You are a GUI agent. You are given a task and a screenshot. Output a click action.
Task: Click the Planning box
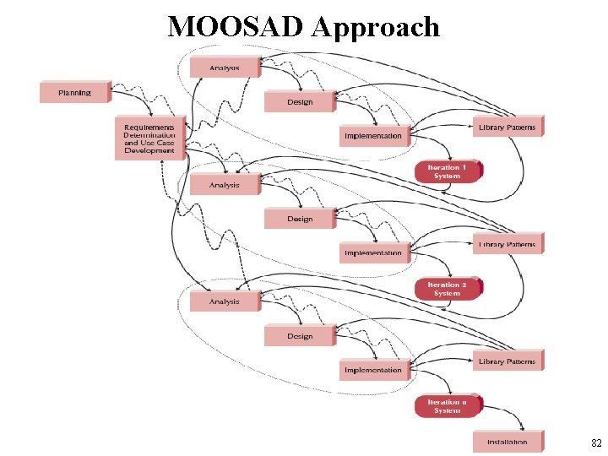coord(75,92)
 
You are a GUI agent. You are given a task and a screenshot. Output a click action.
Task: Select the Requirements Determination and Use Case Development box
coord(149,138)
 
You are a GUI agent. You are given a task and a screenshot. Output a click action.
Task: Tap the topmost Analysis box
coord(225,68)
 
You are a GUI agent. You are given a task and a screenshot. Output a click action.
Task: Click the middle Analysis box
coord(225,185)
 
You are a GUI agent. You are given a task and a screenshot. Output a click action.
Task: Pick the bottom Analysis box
coord(225,301)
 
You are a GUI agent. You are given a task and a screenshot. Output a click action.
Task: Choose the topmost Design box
coord(300,102)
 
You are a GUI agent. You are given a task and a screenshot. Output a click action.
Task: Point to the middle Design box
coord(300,219)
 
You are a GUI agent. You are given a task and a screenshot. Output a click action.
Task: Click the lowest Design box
coord(300,336)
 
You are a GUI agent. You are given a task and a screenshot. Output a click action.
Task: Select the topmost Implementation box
coord(373,136)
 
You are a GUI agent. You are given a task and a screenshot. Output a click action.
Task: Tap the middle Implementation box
coord(373,252)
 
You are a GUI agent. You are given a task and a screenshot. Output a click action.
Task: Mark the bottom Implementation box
coord(373,370)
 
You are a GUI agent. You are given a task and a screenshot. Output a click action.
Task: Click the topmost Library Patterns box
coord(507,128)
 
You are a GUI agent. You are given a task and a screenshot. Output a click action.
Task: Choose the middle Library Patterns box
coord(507,244)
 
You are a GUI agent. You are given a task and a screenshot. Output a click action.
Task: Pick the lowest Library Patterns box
coord(507,361)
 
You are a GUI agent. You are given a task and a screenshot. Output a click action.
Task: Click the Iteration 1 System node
coord(447,171)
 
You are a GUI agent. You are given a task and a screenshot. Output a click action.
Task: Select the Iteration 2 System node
coord(447,289)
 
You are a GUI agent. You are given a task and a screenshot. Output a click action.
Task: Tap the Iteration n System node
coord(447,406)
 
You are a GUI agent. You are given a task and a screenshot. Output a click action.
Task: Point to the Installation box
coord(507,442)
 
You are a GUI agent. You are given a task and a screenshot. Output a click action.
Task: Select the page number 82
coord(596,442)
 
